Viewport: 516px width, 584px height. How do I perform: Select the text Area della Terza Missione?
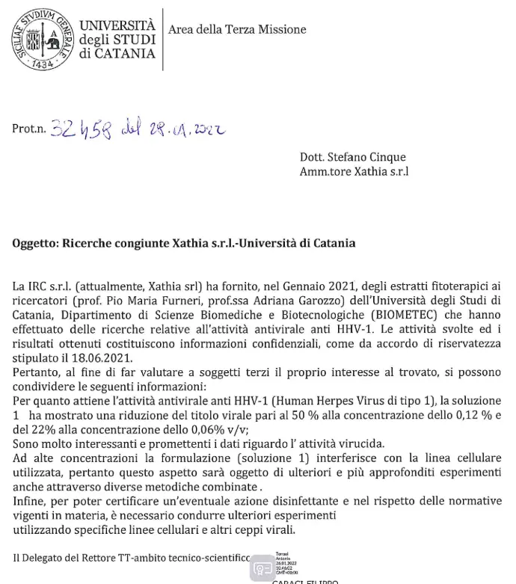[237, 29]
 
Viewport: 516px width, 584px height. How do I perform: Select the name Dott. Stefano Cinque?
[352, 157]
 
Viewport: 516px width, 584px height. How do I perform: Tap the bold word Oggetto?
[35, 243]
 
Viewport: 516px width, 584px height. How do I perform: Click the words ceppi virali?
[265, 529]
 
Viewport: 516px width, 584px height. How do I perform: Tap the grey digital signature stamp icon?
[263, 567]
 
